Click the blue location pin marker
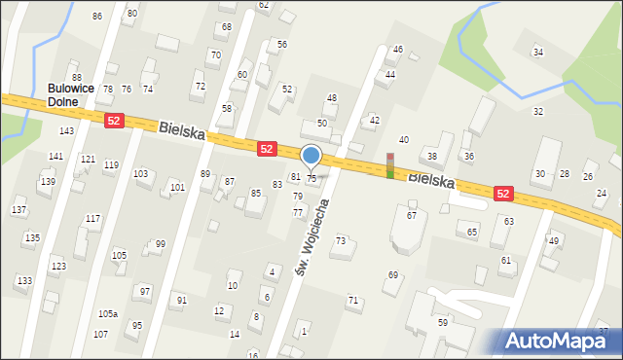tap(311, 156)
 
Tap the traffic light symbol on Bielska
tap(390, 166)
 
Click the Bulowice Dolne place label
tap(70, 94)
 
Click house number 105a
tap(107, 314)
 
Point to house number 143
tap(66, 130)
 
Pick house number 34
tap(537, 53)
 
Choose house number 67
tap(412, 215)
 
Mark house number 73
tap(341, 240)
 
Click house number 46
tap(397, 49)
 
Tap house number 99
tap(160, 244)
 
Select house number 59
tap(442, 322)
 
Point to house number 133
tap(22, 281)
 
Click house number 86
tap(96, 17)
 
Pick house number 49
tap(553, 240)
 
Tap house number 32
tap(537, 112)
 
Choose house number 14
tap(234, 335)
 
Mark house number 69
tap(393, 275)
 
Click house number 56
tap(281, 45)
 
